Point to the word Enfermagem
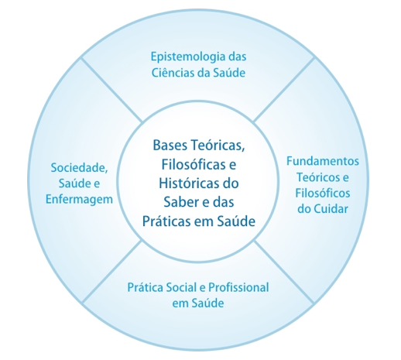point(79,200)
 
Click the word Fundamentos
point(323,161)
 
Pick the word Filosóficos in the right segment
point(323,193)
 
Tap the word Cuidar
point(331,209)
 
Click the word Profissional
point(238,287)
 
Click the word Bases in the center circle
point(170,145)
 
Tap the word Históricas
point(189,183)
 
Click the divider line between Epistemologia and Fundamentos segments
point(284,90)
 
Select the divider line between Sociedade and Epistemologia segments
point(111,90)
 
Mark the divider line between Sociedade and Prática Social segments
point(112,271)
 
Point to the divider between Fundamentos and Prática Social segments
point(284,272)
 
